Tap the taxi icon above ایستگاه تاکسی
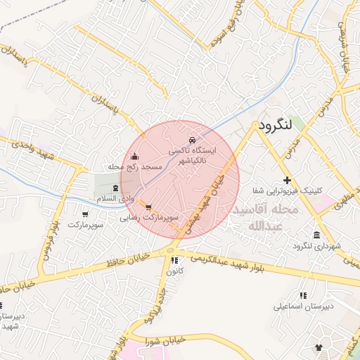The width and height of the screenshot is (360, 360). click(x=193, y=139)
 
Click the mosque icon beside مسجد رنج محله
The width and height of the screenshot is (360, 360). click(x=135, y=156)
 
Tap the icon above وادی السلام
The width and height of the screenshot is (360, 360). click(x=116, y=188)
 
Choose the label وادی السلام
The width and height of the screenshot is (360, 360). click(x=117, y=200)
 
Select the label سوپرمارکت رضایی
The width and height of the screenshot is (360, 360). click(x=152, y=218)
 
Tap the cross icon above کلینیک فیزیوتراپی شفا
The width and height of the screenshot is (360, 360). click(x=287, y=181)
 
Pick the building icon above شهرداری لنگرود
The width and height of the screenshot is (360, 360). click(x=317, y=234)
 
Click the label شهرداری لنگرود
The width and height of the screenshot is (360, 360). click(x=318, y=246)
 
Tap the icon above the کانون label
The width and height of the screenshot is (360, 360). click(x=174, y=260)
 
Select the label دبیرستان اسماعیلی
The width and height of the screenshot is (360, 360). click(x=303, y=307)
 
